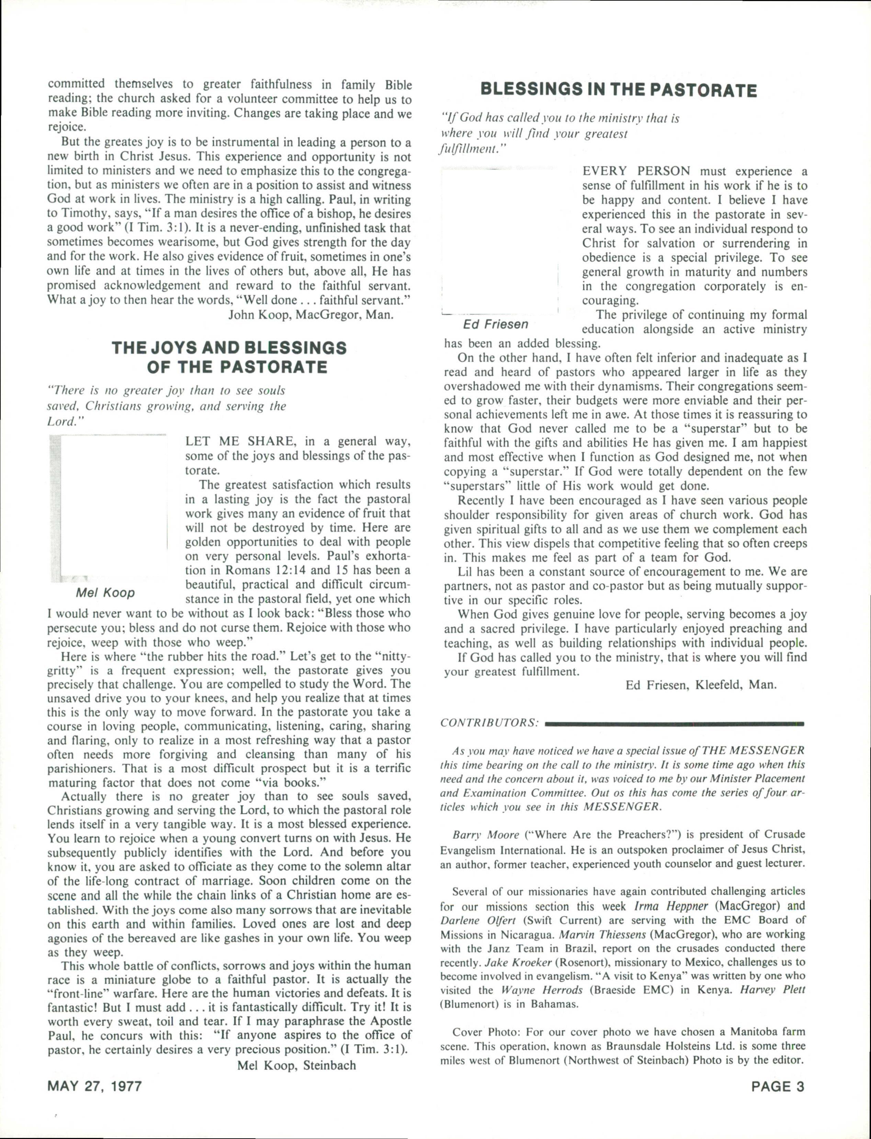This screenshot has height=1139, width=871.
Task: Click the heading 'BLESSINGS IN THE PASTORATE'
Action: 619,90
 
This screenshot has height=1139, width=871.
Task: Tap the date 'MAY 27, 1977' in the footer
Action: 94,1086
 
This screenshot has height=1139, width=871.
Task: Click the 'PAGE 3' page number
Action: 778,1086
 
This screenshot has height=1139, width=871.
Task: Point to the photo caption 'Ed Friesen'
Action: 496,325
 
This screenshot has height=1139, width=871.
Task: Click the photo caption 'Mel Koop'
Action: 105,593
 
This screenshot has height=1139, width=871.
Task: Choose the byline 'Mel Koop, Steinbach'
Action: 296,1065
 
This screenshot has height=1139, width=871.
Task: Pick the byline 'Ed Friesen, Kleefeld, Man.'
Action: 701,685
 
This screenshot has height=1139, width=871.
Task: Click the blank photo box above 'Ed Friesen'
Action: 499,241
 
